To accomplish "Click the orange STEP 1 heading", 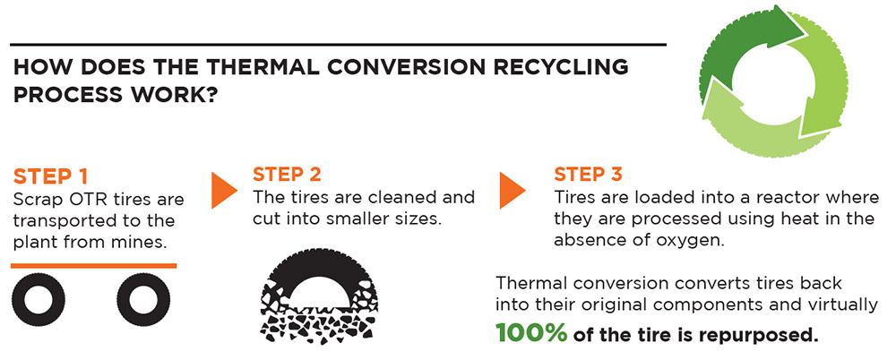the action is tap(49, 176).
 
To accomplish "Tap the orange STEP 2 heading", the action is tap(287, 175).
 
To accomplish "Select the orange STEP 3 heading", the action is tap(588, 175).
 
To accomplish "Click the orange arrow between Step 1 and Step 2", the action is tap(224, 190).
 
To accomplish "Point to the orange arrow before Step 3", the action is tap(512, 190).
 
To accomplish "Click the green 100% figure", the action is tap(530, 333).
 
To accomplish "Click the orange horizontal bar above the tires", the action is tap(94, 265).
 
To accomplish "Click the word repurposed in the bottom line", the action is tap(764, 335).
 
